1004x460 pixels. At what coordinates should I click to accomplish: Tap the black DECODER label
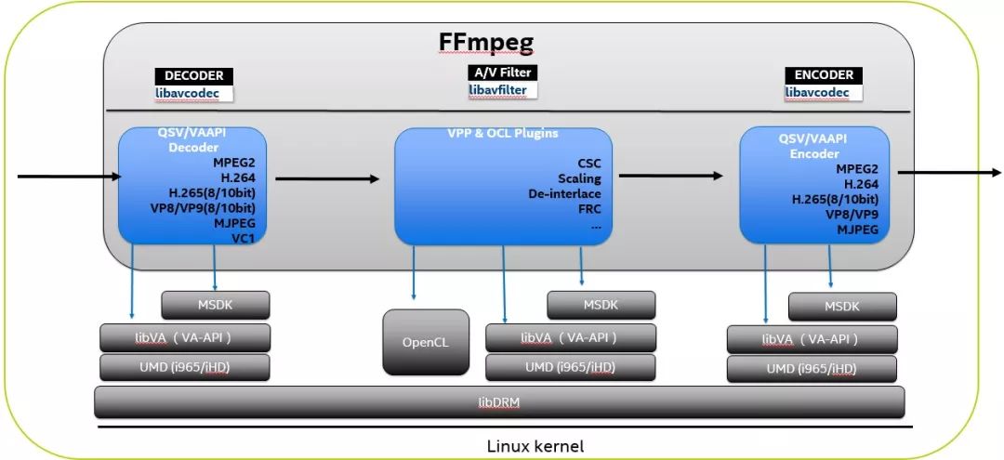click(x=193, y=76)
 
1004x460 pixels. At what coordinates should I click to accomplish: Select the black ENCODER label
click(x=824, y=75)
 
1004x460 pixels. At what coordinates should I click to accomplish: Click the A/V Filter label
click(x=503, y=72)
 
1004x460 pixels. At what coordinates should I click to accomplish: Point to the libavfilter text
click(x=497, y=90)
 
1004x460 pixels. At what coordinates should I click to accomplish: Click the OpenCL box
click(x=425, y=342)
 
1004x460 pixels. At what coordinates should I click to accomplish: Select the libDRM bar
click(x=499, y=402)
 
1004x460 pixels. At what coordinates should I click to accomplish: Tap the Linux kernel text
click(x=535, y=446)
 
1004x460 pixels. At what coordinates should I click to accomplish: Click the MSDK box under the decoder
click(x=216, y=305)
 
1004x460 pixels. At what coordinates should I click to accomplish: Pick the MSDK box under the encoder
click(x=842, y=307)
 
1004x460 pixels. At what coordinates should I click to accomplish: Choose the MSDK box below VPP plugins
click(x=601, y=305)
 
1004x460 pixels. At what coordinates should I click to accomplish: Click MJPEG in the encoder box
click(x=857, y=229)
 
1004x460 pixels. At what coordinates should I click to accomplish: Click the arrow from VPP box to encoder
click(x=669, y=174)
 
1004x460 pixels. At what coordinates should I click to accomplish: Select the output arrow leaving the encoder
click(x=948, y=172)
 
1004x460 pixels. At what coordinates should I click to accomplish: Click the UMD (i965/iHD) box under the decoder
click(x=184, y=367)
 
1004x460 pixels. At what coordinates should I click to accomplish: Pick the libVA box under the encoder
click(x=812, y=339)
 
